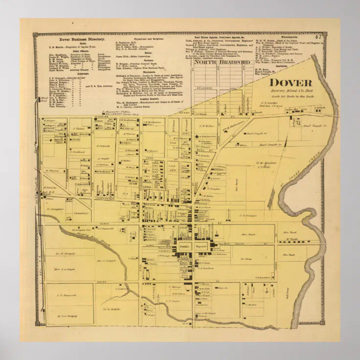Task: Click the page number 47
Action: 318,37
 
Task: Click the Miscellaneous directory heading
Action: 291,36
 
